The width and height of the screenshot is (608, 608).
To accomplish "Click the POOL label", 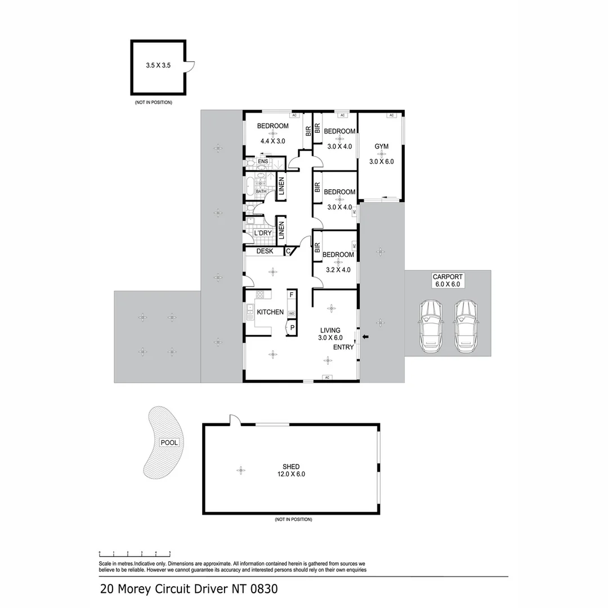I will (169, 442).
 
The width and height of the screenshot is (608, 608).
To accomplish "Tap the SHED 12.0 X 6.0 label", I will (291, 470).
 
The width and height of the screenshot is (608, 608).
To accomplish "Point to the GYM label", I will (382, 147).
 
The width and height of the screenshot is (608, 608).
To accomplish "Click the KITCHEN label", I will (270, 312).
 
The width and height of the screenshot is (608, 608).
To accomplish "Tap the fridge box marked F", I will (292, 294).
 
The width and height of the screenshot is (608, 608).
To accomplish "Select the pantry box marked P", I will (292, 328).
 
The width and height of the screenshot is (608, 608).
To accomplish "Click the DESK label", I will (265, 251).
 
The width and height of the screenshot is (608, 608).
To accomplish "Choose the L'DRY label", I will (263, 233).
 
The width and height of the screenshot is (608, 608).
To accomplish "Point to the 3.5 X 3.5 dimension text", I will (158, 66).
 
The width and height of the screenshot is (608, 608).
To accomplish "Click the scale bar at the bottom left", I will (135, 554).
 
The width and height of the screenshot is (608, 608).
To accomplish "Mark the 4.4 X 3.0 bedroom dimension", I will (272, 141).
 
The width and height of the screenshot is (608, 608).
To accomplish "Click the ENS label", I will (262, 162).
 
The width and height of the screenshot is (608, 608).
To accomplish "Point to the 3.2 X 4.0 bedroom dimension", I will (338, 270).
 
